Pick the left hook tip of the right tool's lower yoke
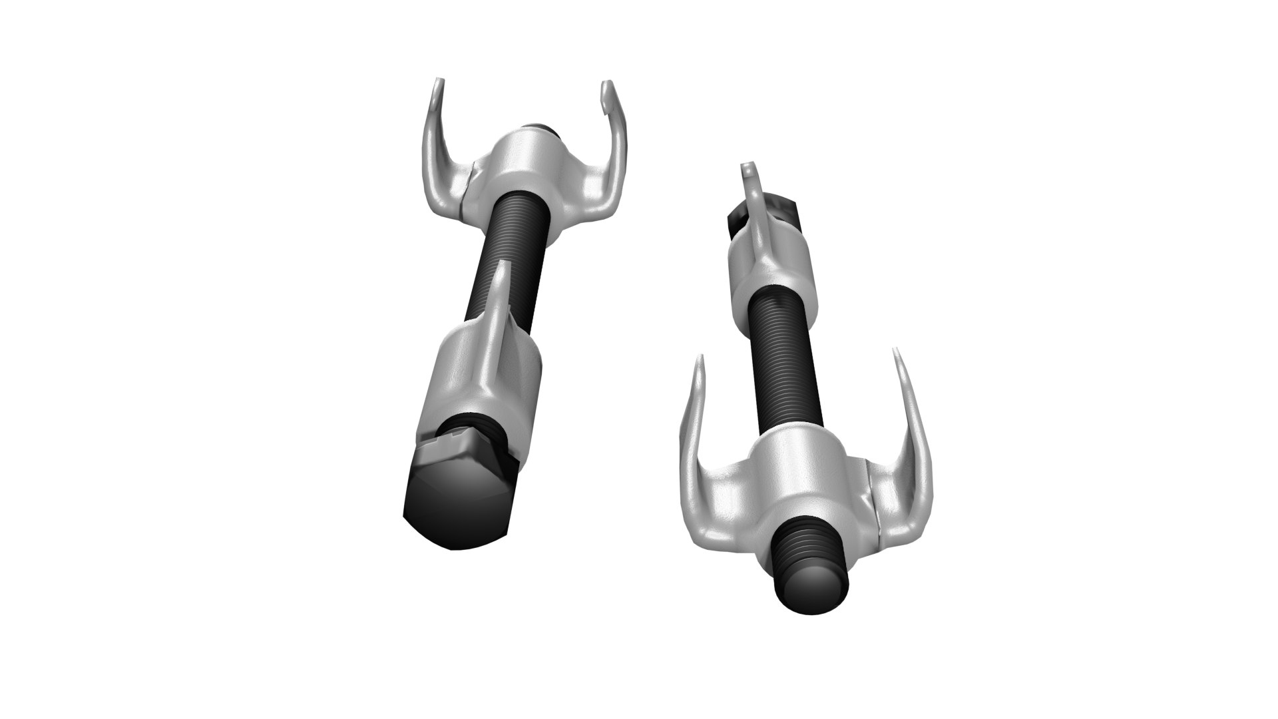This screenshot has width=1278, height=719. [699, 363]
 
